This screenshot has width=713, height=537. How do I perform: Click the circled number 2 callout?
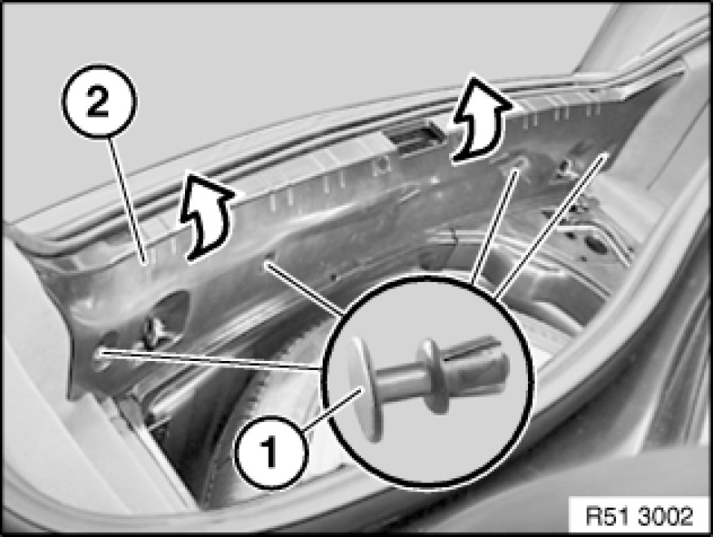(99, 101)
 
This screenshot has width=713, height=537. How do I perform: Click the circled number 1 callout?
(272, 451)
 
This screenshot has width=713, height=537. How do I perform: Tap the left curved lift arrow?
(206, 218)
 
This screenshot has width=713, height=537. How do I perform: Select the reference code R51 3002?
(639, 516)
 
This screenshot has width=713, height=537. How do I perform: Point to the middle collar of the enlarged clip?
(433, 376)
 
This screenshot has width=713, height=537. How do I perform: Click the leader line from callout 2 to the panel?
(127, 200)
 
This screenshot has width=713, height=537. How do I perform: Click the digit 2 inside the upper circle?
(99, 102)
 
